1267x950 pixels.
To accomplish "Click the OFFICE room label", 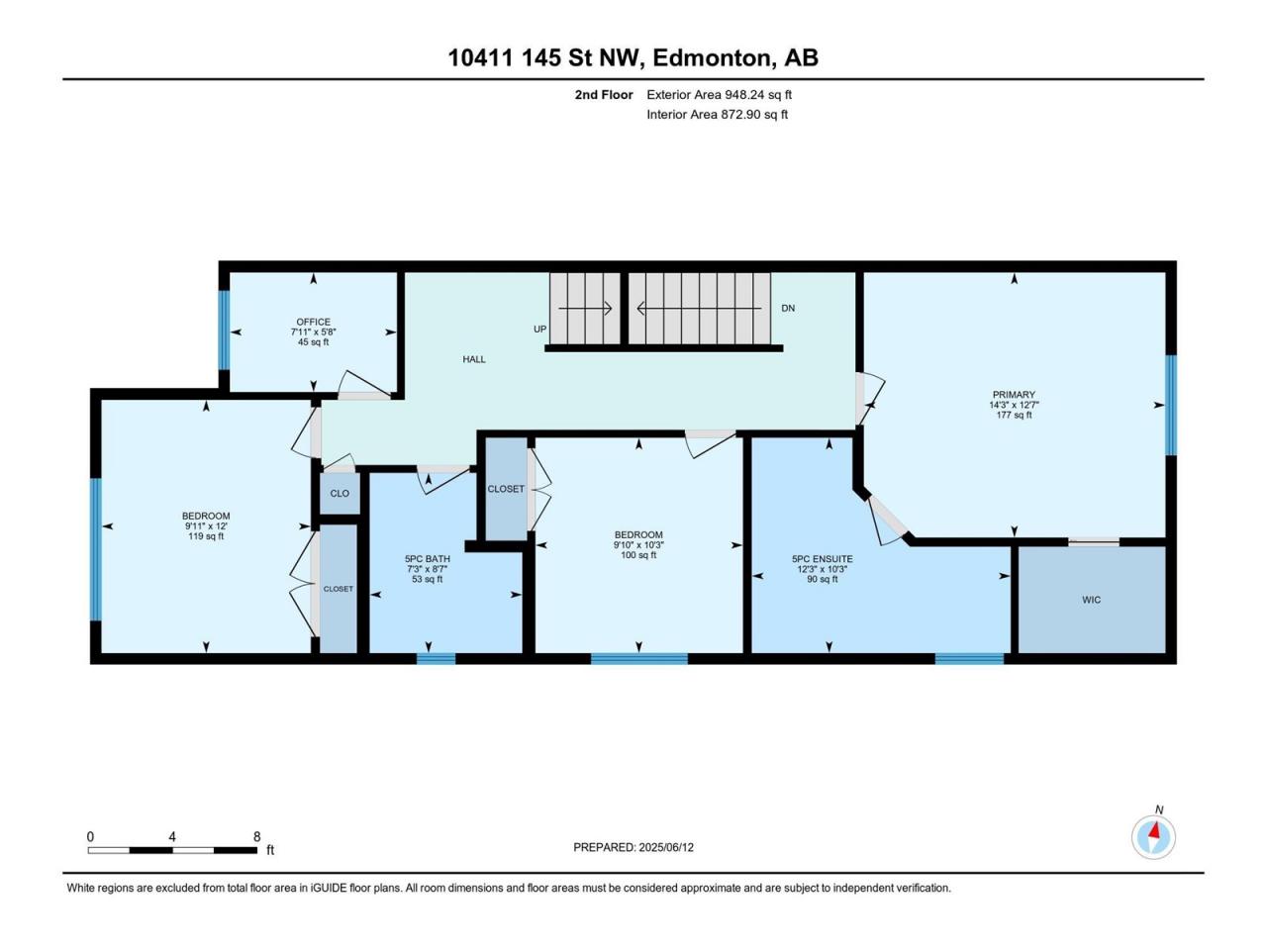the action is pyautogui.click(x=314, y=322).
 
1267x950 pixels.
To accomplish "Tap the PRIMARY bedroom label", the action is pyautogui.click(x=1014, y=395).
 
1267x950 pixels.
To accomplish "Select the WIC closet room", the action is pyautogui.click(x=1092, y=600).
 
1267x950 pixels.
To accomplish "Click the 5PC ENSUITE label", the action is pyautogui.click(x=822, y=559).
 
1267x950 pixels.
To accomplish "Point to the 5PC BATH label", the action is pyautogui.click(x=428, y=559).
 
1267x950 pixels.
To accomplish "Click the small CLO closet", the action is pyautogui.click(x=340, y=493).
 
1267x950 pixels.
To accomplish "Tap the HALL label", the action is pyautogui.click(x=474, y=359).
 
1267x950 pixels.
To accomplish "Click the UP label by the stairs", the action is pyautogui.click(x=539, y=330).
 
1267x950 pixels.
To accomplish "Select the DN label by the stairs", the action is pyautogui.click(x=788, y=308).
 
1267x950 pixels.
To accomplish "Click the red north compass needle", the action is pyautogui.click(x=1155, y=830).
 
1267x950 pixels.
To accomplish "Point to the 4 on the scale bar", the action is pyautogui.click(x=172, y=836).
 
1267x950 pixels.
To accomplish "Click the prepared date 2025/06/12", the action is pyautogui.click(x=666, y=847).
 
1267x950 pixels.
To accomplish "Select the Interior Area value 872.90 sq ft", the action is pyautogui.click(x=754, y=114).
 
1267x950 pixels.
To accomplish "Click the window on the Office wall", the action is pyautogui.click(x=224, y=330).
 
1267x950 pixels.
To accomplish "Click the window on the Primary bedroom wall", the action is pyautogui.click(x=1171, y=405).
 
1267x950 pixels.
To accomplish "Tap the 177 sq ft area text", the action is pyautogui.click(x=1014, y=416).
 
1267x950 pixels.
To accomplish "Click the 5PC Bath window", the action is pyautogui.click(x=436, y=658).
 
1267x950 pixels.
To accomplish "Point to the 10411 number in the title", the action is pyautogui.click(x=481, y=58).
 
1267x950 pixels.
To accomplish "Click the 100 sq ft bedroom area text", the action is pyautogui.click(x=638, y=555).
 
